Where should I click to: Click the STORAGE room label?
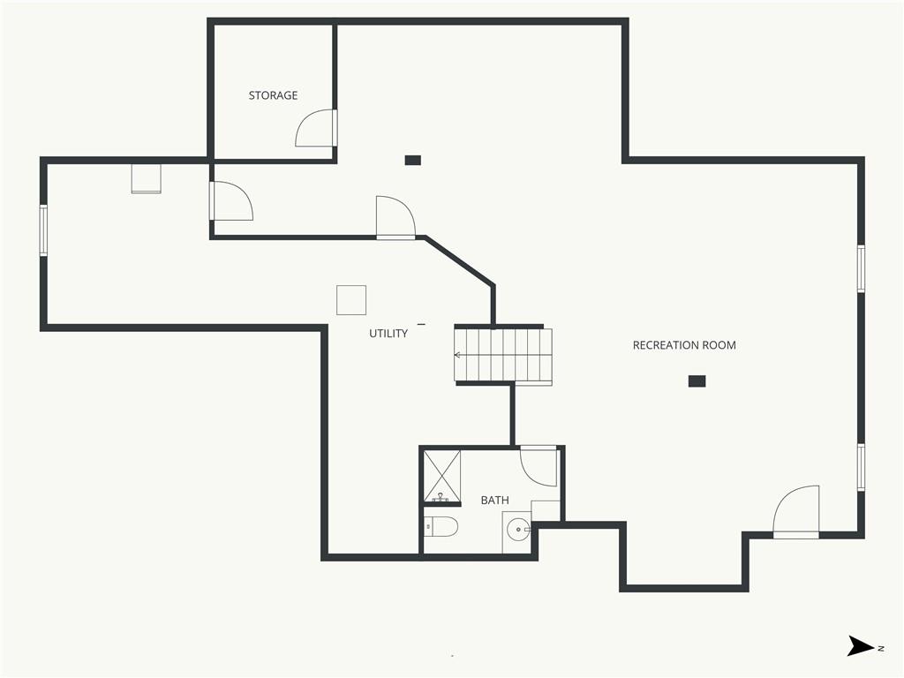pos(273,95)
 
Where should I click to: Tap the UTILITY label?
pos(388,333)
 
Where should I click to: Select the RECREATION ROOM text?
pos(684,345)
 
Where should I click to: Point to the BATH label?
pos(494,501)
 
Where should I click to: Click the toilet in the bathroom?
pos(441,527)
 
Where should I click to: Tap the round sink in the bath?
pos(519,529)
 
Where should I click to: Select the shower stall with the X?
pos(442,476)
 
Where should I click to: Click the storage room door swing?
pos(316,128)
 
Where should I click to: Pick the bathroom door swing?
pos(539,466)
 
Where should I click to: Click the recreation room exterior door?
pos(795,512)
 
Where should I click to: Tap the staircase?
pos(503,355)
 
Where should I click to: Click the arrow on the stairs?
pos(458,355)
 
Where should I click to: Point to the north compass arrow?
pos(861,645)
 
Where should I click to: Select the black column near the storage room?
pos(413,161)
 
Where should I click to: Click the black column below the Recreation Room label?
pos(697,381)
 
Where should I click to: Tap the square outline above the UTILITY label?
pos(351,300)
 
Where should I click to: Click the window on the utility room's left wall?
pos(43,230)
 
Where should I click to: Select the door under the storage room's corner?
pos(230,200)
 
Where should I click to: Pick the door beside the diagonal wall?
pos(395,217)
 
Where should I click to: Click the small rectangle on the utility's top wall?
pos(146,178)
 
